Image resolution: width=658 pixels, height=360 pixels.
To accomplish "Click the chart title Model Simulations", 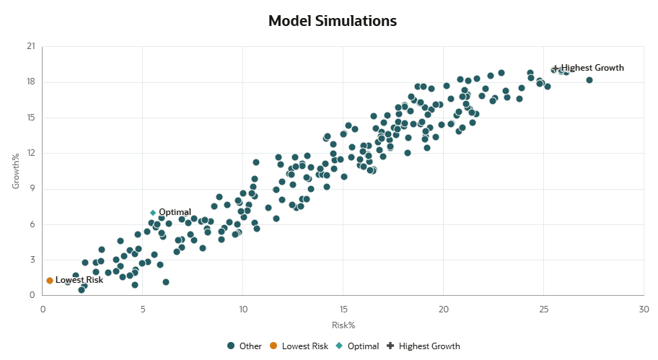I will [x=332, y=21].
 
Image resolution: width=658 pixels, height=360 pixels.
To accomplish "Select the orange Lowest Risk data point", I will [x=50, y=281].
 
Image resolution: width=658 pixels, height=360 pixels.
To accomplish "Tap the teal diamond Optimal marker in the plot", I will [x=153, y=213].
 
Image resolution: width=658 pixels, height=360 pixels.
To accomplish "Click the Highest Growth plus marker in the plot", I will [x=555, y=69].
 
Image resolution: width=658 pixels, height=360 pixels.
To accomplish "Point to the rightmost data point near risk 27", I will [x=589, y=80].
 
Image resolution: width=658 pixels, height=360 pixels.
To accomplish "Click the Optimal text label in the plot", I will [x=175, y=212].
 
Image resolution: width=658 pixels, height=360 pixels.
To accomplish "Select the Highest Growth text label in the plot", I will [x=592, y=68].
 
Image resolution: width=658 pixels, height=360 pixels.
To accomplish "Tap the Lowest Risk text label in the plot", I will [x=79, y=280].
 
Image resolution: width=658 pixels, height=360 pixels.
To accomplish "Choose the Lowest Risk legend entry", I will [x=298, y=346].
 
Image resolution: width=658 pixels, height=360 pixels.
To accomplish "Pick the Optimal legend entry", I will [x=357, y=346].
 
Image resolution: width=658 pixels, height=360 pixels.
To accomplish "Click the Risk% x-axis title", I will [x=343, y=325].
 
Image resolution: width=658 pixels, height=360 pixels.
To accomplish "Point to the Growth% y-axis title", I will [x=15, y=171].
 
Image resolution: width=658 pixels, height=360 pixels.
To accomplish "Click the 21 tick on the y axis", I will [x=30, y=46].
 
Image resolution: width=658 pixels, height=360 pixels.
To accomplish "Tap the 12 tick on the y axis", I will [x=30, y=153].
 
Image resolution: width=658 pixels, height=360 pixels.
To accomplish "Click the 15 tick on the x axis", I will [x=343, y=309].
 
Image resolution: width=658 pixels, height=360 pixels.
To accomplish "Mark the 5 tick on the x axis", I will [x=143, y=309].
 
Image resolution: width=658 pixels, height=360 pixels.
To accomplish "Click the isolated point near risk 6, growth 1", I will [x=166, y=282].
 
